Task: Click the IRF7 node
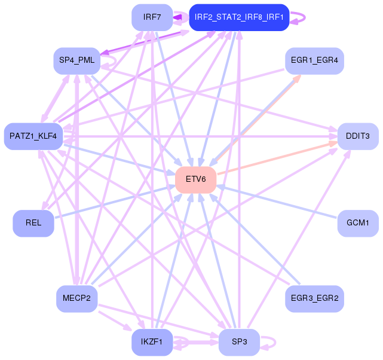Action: pyautogui.click(x=152, y=17)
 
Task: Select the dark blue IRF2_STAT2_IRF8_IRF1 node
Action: pyautogui.click(x=239, y=17)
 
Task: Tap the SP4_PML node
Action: pyautogui.click(x=76, y=60)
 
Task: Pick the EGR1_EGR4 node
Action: pyautogui.click(x=314, y=60)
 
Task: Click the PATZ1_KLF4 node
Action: pyautogui.click(x=33, y=136)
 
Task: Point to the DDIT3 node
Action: pyautogui.click(x=358, y=136)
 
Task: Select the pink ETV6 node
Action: pyautogui.click(x=195, y=179)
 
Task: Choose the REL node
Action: pyautogui.click(x=33, y=223)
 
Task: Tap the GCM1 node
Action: pyautogui.click(x=358, y=223)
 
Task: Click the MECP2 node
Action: pyautogui.click(x=76, y=298)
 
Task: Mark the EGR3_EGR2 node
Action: pyautogui.click(x=314, y=298)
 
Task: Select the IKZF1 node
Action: pyautogui.click(x=152, y=342)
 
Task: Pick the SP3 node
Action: pyautogui.click(x=239, y=342)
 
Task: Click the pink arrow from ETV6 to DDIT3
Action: pyautogui.click(x=281, y=157)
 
